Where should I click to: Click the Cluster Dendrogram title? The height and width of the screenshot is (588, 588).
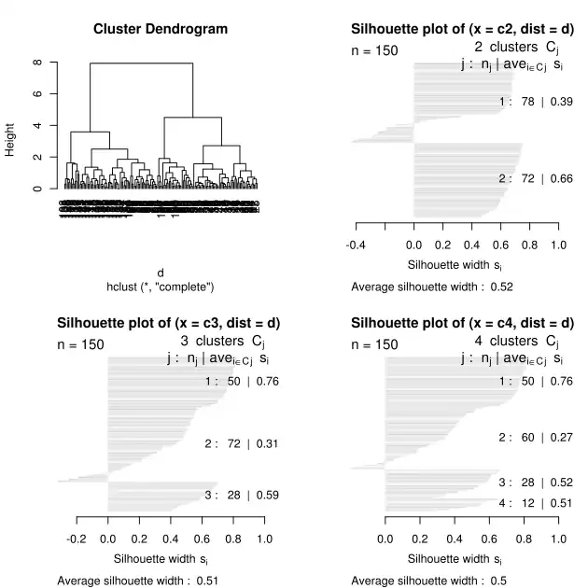(161, 29)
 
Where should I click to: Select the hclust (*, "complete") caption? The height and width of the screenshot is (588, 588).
(161, 286)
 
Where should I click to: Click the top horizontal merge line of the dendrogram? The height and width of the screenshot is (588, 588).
(141, 63)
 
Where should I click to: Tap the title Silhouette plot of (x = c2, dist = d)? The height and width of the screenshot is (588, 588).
(462, 29)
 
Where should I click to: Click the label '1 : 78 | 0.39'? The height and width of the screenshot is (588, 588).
(535, 102)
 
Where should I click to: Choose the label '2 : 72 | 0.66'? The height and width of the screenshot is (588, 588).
(535, 178)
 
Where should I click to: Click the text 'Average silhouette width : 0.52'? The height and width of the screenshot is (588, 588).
(432, 286)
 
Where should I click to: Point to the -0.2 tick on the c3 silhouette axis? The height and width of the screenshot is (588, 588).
(77, 539)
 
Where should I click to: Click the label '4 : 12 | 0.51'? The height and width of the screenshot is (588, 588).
(535, 503)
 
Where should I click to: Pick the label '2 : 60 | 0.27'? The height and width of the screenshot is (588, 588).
(535, 437)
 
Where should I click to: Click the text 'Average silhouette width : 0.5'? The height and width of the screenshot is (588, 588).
(428, 581)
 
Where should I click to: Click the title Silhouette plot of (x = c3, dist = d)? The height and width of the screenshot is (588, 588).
(169, 324)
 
